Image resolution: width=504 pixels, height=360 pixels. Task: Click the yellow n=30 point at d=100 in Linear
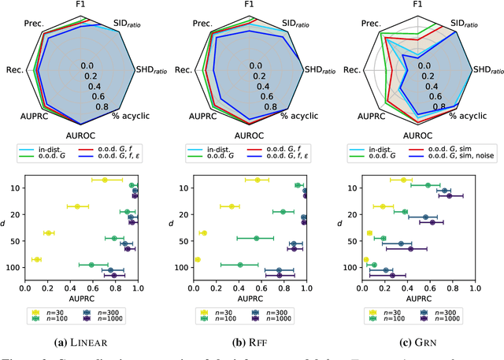pyautogui.click(x=35, y=259)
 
